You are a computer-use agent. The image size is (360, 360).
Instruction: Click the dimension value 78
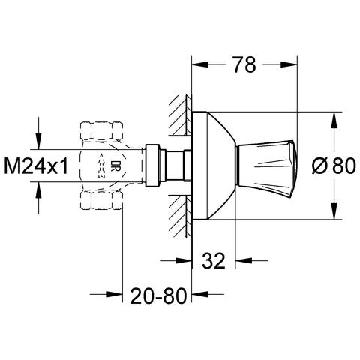241,65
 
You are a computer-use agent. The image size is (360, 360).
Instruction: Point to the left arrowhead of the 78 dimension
198,65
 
